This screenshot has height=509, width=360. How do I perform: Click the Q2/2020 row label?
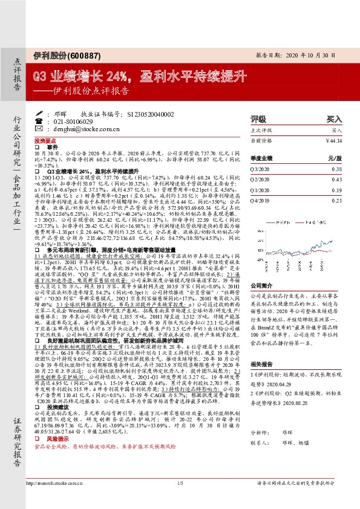tap(260, 180)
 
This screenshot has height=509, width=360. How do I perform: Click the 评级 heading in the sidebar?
tap(258, 119)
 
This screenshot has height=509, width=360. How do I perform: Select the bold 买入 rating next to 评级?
tap(333, 119)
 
